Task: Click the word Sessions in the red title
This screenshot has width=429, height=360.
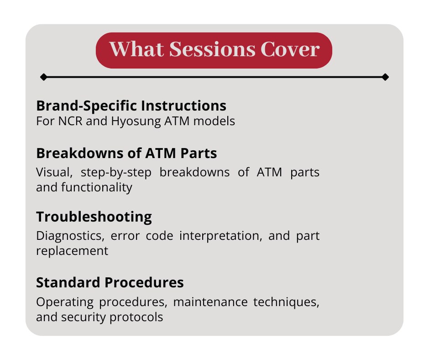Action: (212, 49)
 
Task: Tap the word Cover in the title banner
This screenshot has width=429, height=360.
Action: (290, 49)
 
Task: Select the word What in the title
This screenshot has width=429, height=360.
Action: (137, 49)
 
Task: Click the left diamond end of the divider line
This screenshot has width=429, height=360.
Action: (43, 77)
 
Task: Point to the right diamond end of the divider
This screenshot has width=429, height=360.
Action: (385, 77)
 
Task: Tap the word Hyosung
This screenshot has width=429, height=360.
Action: (136, 122)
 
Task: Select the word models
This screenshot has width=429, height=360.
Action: (214, 121)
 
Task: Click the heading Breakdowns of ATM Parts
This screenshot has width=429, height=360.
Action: (127, 153)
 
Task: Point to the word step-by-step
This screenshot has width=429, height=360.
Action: (116, 173)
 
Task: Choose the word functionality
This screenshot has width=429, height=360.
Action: (97, 188)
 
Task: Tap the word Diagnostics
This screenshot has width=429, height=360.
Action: (70, 236)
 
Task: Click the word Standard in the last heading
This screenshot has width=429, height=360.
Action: (68, 282)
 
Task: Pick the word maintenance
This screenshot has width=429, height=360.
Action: (210, 302)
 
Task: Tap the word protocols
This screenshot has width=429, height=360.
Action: (136, 318)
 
